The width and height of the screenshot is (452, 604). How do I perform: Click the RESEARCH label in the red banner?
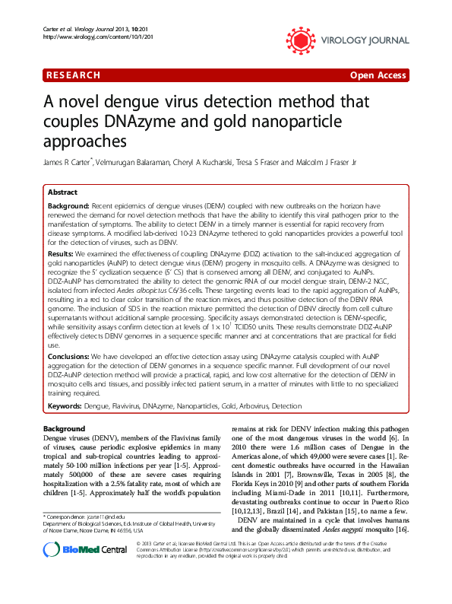tap(73, 75)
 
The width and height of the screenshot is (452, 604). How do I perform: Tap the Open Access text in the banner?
tap(378, 75)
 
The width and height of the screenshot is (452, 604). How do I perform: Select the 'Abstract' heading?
tap(63, 193)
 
